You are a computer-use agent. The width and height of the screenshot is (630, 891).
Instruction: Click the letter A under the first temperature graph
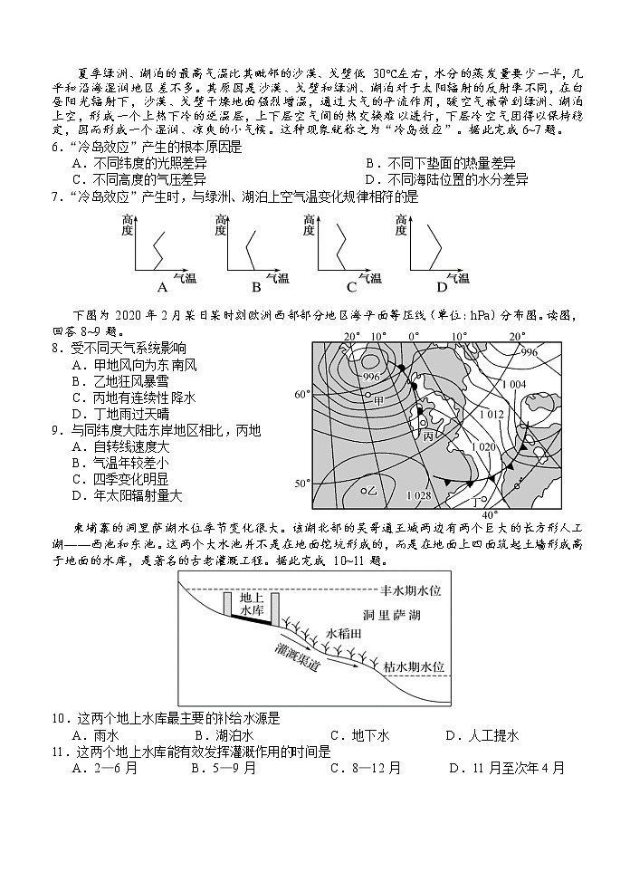pyautogui.click(x=163, y=288)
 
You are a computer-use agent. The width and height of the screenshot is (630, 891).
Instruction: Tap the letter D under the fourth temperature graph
pyautogui.click(x=442, y=288)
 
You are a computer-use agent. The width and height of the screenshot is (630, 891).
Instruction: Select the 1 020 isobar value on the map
pyautogui.click(x=487, y=447)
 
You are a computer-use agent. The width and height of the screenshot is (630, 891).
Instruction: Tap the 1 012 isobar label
pyautogui.click(x=492, y=414)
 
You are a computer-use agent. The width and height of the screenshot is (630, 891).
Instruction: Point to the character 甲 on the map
pyautogui.click(x=378, y=399)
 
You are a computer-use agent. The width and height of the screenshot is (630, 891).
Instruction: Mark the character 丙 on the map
pyautogui.click(x=428, y=436)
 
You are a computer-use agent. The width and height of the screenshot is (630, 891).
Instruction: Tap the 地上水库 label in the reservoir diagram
pyautogui.click(x=251, y=605)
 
